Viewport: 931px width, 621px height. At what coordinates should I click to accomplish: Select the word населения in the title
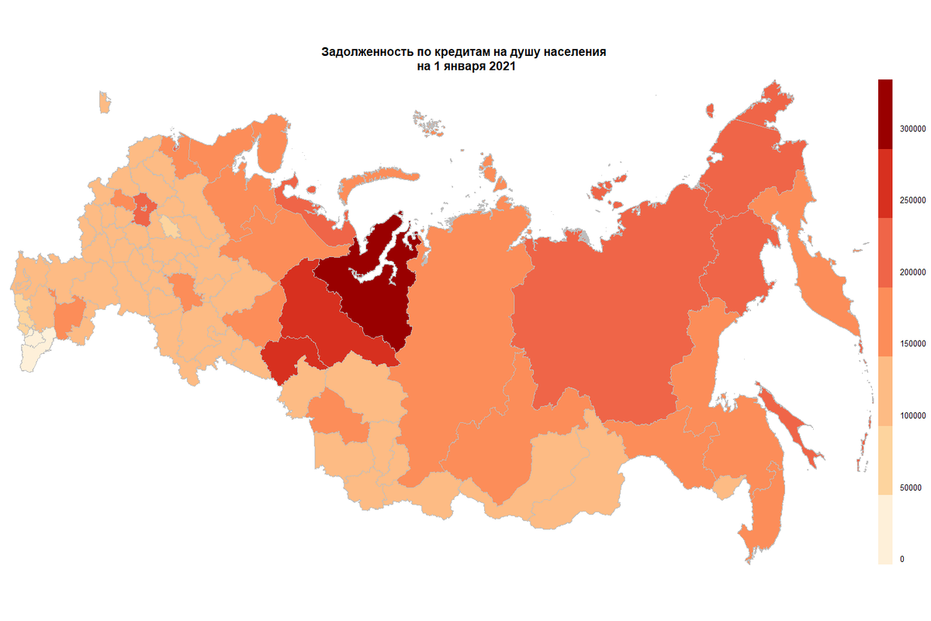point(575,53)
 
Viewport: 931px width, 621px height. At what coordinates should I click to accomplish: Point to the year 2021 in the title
point(501,67)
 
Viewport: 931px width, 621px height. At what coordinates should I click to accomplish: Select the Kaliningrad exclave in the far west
point(104,102)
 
